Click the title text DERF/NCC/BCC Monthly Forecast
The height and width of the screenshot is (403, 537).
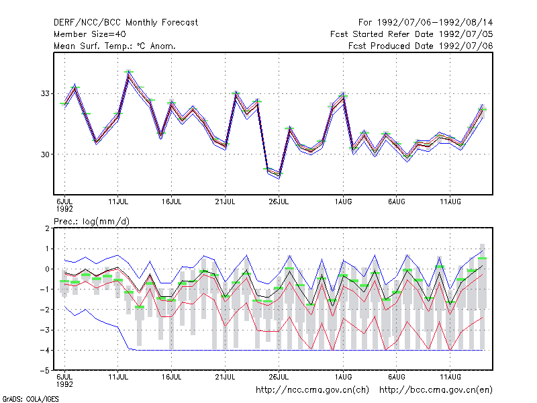[x=126, y=23]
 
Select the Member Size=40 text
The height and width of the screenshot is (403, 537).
[x=90, y=34]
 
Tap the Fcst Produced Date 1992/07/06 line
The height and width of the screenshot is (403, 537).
[x=420, y=46]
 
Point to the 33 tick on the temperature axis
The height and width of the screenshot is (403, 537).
[x=45, y=93]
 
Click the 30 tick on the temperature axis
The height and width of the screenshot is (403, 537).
[x=45, y=154]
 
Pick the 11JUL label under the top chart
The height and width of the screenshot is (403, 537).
[x=118, y=202]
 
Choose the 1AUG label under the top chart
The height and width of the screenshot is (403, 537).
[x=343, y=202]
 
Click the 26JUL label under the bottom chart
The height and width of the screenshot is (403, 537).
[x=279, y=377]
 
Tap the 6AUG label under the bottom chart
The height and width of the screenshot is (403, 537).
[x=397, y=377]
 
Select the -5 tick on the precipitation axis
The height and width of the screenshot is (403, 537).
[x=46, y=371]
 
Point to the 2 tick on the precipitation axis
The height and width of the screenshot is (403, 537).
[x=47, y=228]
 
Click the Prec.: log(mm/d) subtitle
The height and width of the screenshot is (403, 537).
[x=92, y=222]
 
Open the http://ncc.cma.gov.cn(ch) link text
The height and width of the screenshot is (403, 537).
[x=312, y=390]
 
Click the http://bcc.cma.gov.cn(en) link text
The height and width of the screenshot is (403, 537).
[x=436, y=390]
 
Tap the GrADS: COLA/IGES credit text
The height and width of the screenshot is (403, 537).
[x=30, y=399]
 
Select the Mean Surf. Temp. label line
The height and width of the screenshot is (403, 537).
[x=115, y=46]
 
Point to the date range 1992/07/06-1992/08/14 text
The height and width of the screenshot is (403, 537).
[x=435, y=23]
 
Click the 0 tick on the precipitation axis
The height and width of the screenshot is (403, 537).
[x=47, y=269]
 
